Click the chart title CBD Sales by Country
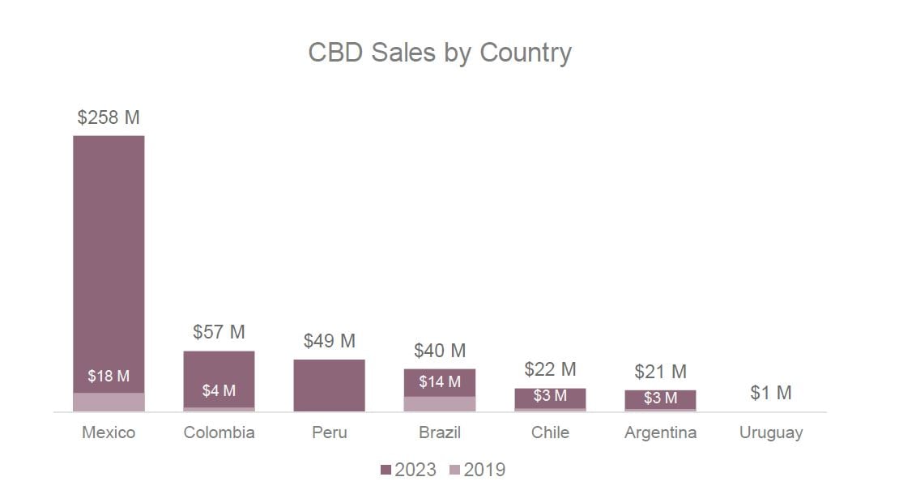pos(440,53)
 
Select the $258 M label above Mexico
pos(109,117)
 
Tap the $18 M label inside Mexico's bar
pos(109,377)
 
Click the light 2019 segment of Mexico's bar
pos(109,402)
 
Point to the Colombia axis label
pos(219,432)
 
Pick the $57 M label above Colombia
pos(219,332)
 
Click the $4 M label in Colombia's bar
pos(219,391)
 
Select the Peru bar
pos(329,385)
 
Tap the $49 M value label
pos(329,341)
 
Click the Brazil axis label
pos(440,432)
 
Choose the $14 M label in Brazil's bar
pos(440,381)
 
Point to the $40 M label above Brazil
pos(440,351)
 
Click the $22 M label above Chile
pos(550,369)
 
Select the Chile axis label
pos(550,432)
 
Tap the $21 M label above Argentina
pos(660,372)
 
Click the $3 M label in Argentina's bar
pos(660,398)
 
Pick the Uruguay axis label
pos(771,432)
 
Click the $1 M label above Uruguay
pos(771,393)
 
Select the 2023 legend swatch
pos(386,470)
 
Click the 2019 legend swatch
pos(454,470)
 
